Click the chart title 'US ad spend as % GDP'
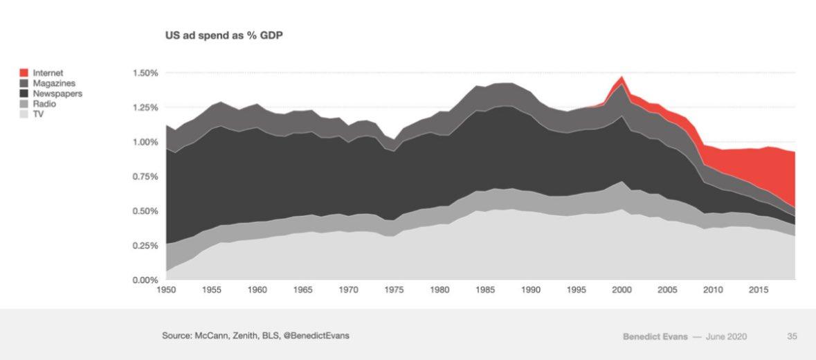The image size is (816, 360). (x=223, y=35)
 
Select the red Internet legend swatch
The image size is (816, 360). (x=24, y=73)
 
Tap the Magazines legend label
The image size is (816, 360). (x=54, y=83)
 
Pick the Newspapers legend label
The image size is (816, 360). (x=57, y=93)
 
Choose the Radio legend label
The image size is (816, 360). (x=44, y=104)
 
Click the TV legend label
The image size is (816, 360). (x=39, y=114)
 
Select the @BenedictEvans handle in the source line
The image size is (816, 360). (x=317, y=336)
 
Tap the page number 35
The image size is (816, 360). (x=792, y=336)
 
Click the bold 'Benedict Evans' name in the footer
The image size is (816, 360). (x=654, y=336)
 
